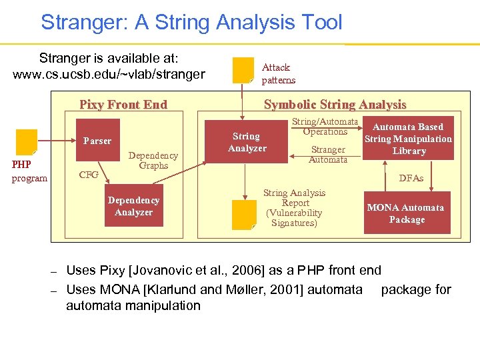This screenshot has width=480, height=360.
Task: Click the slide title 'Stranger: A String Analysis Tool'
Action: tap(191, 23)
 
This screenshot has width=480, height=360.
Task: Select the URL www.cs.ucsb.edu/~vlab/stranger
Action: tap(109, 74)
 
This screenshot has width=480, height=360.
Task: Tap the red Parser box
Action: tap(97, 141)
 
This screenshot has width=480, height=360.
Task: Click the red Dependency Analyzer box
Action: tap(133, 207)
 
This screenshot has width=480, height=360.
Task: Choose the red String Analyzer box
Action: tap(247, 142)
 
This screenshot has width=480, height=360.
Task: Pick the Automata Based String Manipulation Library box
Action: tap(408, 139)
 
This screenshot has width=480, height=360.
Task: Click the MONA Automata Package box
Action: tap(407, 213)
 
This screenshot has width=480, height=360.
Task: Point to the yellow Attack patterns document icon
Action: tap(243, 71)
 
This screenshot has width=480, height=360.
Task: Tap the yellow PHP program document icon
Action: tap(27, 142)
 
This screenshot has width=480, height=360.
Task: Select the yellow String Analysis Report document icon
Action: tap(243, 215)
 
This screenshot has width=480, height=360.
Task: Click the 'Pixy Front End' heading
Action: tap(123, 104)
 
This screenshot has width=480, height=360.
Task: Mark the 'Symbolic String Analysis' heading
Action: tap(335, 104)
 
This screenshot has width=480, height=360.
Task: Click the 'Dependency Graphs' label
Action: tap(153, 160)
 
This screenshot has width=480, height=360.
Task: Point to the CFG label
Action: tap(89, 175)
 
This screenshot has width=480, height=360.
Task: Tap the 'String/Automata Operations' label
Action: tap(325, 127)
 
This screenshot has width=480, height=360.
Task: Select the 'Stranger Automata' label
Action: tap(328, 155)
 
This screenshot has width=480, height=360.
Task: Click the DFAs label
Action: tap(411, 178)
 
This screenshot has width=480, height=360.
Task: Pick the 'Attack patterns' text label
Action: tap(278, 73)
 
